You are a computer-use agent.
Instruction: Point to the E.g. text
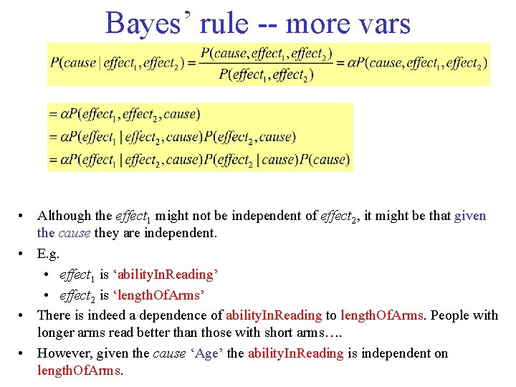coord(49,253)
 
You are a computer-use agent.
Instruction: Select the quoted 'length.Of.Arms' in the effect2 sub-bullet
coord(154,295)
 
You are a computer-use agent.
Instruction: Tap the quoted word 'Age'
coord(206,353)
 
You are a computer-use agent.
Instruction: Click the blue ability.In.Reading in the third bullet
coord(273,315)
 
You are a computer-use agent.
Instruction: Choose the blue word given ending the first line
coord(469,215)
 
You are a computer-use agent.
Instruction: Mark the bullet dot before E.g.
coord(24,254)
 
